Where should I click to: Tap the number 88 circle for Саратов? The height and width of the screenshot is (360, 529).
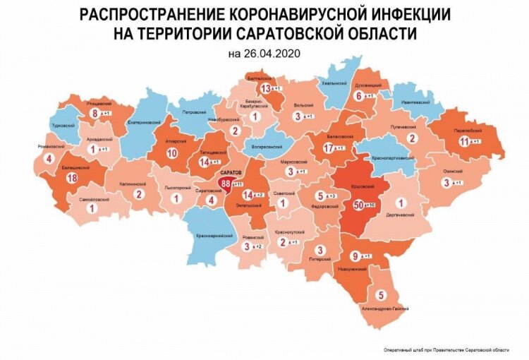click(226, 183)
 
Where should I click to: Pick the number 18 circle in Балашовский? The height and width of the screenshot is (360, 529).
click(71, 179)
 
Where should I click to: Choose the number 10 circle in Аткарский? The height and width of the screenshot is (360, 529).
click(171, 152)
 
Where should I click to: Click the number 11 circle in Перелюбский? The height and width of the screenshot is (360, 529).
click(463, 141)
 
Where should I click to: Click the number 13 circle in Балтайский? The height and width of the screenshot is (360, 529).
click(266, 88)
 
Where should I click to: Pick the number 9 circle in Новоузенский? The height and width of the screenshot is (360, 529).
click(356, 256)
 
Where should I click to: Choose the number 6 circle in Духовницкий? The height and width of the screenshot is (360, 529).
click(358, 95)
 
